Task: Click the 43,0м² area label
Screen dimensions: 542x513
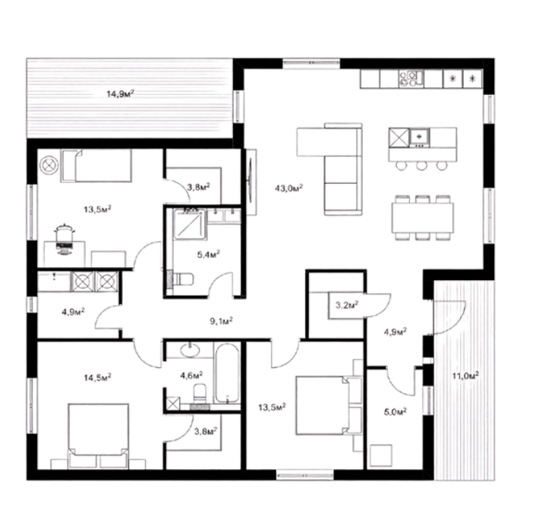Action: pos(289,188)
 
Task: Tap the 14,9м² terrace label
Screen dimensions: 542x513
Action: pos(120,93)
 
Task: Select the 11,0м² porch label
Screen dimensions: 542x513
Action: pos(465,376)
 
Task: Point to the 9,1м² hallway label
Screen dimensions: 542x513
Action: pos(221,321)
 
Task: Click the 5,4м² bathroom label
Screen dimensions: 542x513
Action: pos(209,254)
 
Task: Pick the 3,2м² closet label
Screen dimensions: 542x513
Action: pos(347,305)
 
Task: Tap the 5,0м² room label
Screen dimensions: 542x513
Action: pos(395,411)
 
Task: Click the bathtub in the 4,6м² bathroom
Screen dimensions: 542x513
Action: pos(227,373)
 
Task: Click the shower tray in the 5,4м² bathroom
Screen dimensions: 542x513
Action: pos(189,224)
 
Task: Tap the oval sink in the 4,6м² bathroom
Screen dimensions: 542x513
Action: pos(190,350)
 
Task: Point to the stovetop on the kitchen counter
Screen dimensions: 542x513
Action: pos(411,79)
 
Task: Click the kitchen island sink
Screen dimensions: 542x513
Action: pos(419,137)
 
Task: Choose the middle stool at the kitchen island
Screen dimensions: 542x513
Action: pos(421,166)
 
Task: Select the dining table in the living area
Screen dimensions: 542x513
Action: pos(423,218)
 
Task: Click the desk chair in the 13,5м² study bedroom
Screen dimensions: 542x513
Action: pos(65,234)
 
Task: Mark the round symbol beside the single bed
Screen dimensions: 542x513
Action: pos(49,165)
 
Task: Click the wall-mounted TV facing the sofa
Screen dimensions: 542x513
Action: pos(251,182)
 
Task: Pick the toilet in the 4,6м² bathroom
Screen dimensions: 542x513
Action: pos(200,394)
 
